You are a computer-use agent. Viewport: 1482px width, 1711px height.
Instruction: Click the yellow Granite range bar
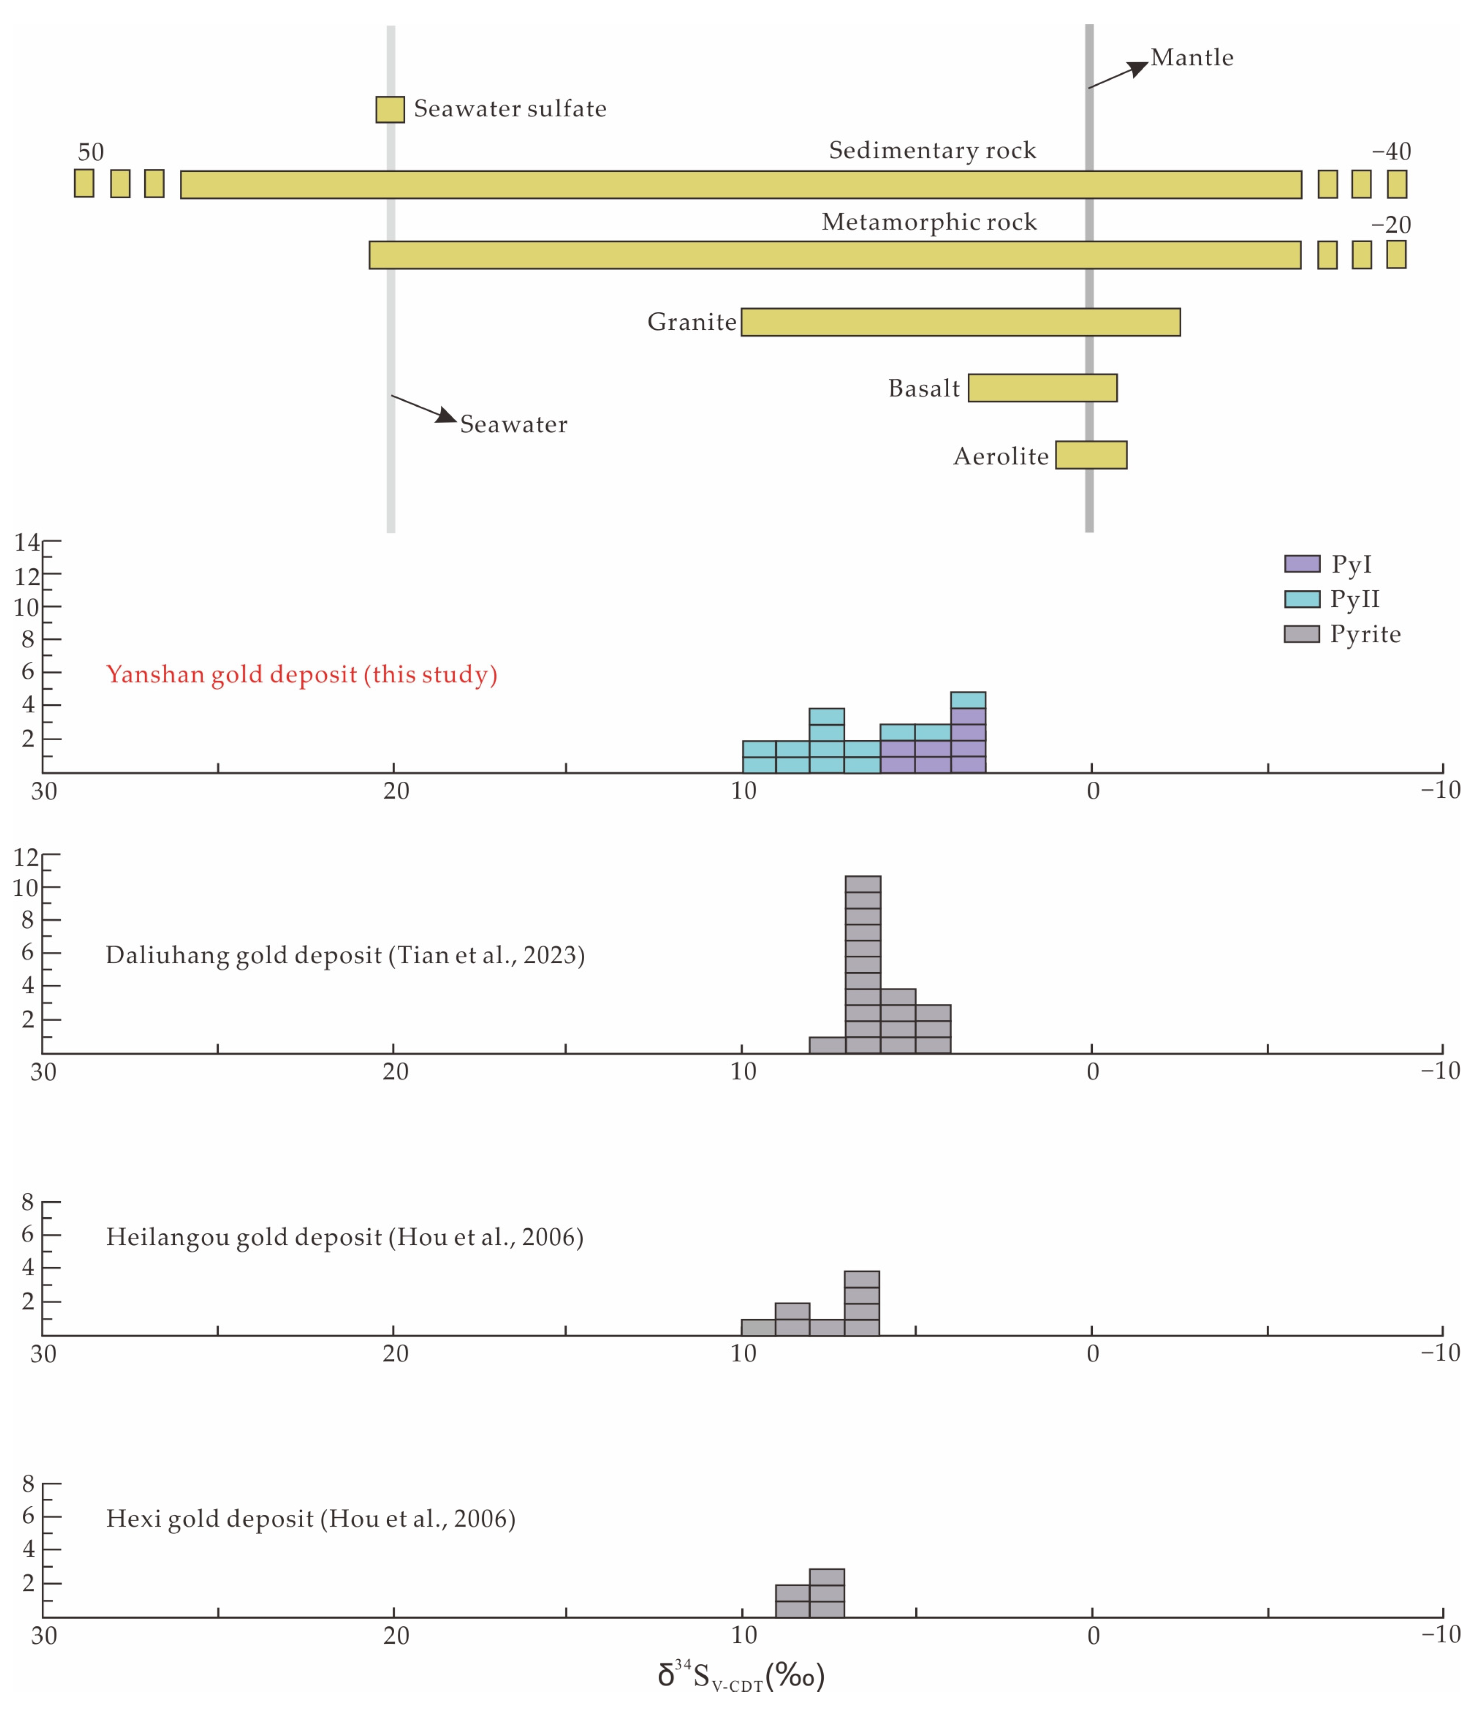(960, 322)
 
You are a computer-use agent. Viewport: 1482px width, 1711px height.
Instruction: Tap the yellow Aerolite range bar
(1091, 455)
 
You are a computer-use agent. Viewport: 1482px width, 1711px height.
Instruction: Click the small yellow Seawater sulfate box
(391, 109)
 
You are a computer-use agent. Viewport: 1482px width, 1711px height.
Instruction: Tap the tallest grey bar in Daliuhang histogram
(863, 964)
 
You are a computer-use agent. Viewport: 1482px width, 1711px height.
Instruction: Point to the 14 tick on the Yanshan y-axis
(27, 543)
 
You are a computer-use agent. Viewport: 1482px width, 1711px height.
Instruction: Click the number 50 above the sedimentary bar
(91, 152)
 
